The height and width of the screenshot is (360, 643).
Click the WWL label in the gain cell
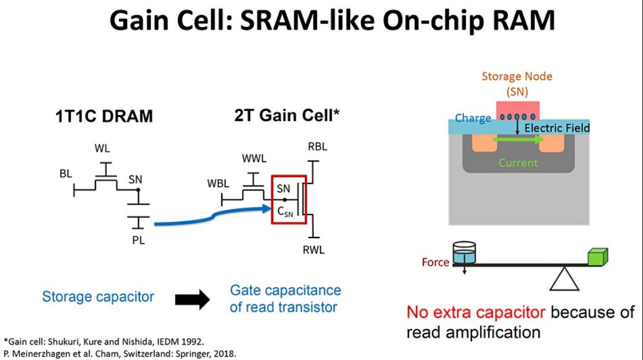coord(254,159)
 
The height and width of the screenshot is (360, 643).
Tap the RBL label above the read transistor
coord(317,147)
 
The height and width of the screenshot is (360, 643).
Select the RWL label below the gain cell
coord(314,250)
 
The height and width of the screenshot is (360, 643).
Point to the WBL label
coord(218,183)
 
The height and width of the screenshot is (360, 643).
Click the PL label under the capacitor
coord(139,240)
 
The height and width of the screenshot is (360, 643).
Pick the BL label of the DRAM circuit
coord(66,174)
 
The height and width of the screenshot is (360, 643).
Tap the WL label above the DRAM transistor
coord(102,149)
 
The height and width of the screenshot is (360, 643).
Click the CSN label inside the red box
coord(285,212)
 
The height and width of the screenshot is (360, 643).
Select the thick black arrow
coord(192,299)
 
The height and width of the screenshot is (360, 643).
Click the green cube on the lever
coord(598,257)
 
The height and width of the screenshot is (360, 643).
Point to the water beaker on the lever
coord(464,252)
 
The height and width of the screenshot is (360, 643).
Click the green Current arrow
coord(518,140)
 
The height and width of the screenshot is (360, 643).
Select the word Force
coord(436,262)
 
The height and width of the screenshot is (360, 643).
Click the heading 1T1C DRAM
coord(104,117)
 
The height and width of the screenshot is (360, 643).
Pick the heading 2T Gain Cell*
coord(287,115)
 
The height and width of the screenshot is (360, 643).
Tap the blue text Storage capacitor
coord(98,296)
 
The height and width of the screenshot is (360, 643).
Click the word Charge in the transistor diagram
coord(473,118)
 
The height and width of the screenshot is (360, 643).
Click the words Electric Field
coord(557,128)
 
